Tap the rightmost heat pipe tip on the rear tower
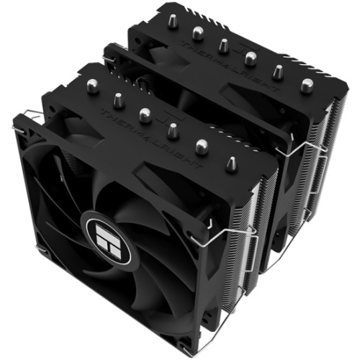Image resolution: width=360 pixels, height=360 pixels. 307,85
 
